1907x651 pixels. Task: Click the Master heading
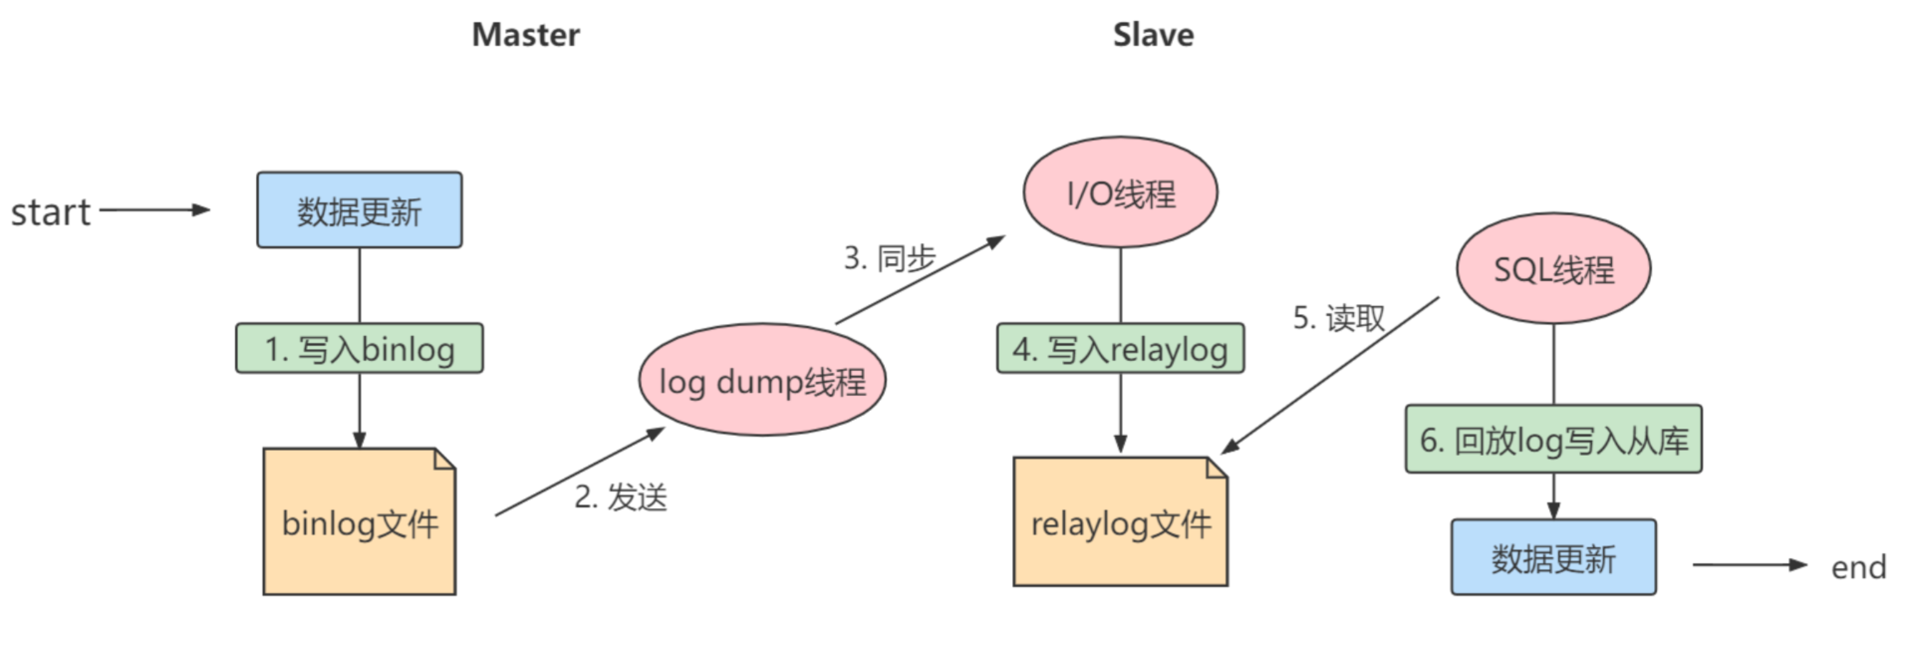[x=525, y=35]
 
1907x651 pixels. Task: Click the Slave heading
[x=1153, y=35]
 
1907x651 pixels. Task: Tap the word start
[x=50, y=212]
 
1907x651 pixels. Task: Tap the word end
[x=1858, y=567]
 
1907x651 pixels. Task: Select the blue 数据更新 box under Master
[x=359, y=210]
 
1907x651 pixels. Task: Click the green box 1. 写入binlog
[x=359, y=349]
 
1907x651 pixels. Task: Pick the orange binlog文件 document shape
[x=359, y=522]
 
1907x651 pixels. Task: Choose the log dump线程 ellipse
[x=762, y=380]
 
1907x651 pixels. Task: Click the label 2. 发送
[x=620, y=496]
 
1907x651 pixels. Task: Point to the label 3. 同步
[x=889, y=258]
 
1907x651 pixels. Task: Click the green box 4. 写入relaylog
[x=1120, y=349]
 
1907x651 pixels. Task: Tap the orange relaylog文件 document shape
[x=1120, y=522]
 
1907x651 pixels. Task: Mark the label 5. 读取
[x=1338, y=318]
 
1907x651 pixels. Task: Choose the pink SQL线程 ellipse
[x=1552, y=269]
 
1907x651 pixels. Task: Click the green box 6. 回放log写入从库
[x=1552, y=440]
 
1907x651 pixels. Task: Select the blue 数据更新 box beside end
[x=1552, y=557]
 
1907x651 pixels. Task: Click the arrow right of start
[x=154, y=210]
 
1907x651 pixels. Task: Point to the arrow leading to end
[x=1749, y=565]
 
